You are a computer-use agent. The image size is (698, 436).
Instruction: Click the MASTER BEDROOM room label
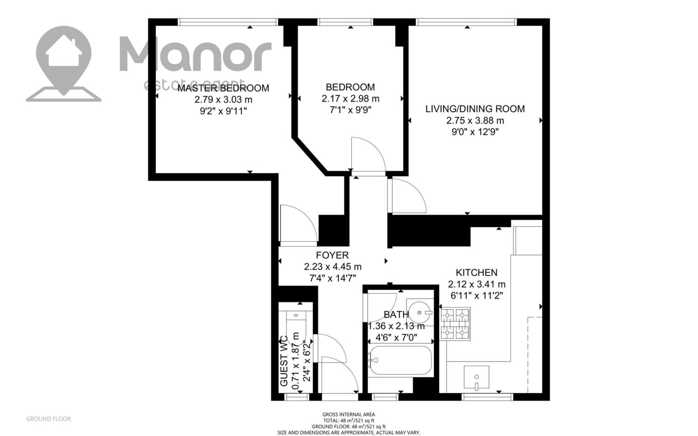click(x=223, y=88)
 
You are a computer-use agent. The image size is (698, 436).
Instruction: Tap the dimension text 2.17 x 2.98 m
click(x=350, y=99)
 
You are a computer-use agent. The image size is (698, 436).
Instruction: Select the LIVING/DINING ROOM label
click(x=475, y=109)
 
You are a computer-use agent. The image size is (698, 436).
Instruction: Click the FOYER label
click(x=332, y=255)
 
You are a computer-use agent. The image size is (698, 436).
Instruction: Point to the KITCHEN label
click(x=477, y=273)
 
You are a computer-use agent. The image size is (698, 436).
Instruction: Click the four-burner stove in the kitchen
click(x=455, y=323)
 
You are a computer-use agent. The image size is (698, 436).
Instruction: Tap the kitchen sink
click(x=476, y=377)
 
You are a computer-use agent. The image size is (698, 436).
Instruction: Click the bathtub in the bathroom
click(x=400, y=360)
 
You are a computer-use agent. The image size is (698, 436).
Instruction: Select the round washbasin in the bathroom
click(x=420, y=312)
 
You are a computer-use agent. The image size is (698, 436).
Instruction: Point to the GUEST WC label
click(x=283, y=361)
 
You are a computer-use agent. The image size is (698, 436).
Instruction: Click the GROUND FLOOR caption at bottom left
click(x=48, y=419)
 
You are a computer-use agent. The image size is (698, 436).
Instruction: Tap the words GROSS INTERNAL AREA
click(x=349, y=415)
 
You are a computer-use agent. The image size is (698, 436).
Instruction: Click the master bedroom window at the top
click(x=228, y=22)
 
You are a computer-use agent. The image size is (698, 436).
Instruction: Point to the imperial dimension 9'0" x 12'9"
click(x=475, y=132)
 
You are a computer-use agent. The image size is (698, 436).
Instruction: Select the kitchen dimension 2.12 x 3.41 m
click(x=477, y=284)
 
